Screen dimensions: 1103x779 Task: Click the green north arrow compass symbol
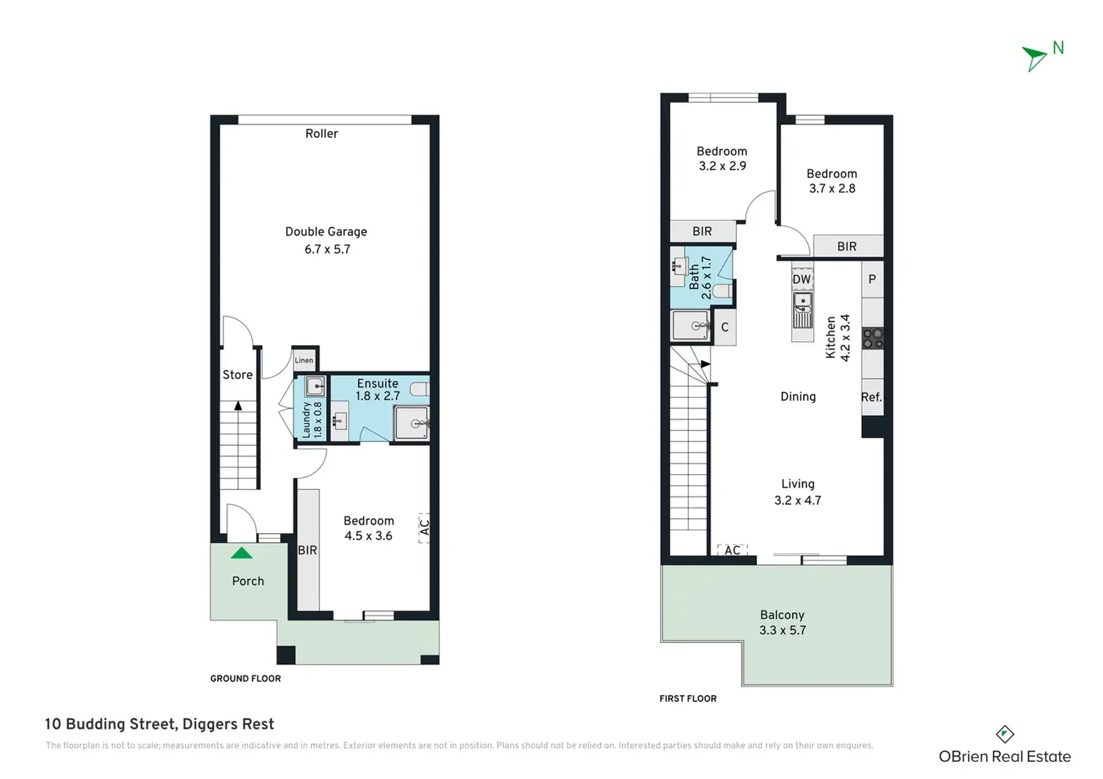1033,58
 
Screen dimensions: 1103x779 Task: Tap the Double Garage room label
326,240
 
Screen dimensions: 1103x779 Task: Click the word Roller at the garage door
321,133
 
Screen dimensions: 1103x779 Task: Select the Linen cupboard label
304,360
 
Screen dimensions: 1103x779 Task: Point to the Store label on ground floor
237,375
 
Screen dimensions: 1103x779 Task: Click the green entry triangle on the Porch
241,553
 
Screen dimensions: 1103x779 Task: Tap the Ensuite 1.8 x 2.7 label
378,389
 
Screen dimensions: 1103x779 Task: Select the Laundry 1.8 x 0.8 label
312,419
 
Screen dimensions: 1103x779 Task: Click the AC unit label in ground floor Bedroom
424,527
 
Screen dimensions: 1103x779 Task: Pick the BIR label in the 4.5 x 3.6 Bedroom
308,550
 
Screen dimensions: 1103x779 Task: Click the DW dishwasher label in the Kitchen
802,280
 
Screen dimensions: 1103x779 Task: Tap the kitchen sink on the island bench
802,310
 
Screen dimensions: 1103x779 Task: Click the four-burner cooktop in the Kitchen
873,338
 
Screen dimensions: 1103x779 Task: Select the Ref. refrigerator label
871,397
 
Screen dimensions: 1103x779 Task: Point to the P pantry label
872,279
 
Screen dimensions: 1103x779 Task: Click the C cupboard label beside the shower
725,327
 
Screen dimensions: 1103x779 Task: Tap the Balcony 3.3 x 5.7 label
782,623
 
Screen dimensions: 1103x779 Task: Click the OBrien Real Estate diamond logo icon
1005,734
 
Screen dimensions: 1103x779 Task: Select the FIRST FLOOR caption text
688,699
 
